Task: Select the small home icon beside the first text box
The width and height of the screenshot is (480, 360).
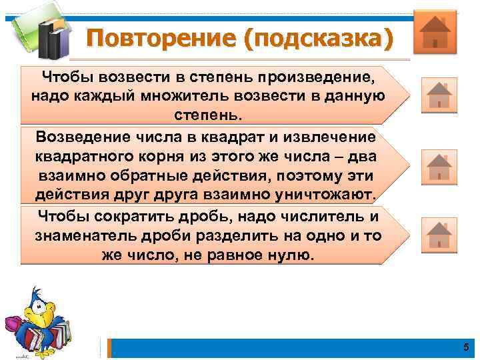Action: click(439, 95)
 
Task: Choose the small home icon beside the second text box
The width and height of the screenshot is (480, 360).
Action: click(439, 167)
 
